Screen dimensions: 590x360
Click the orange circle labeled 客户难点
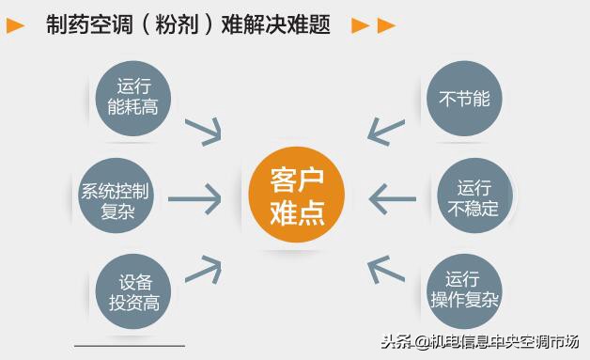coord(296,196)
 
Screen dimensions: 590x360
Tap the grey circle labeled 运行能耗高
coord(132,96)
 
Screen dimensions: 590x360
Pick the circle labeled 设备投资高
coord(132,292)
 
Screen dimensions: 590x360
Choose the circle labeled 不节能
coord(464,98)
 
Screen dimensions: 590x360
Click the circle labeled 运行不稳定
coord(474,197)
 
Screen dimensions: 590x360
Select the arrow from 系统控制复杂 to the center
coord(194,198)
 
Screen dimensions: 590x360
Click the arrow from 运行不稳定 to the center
coord(392,198)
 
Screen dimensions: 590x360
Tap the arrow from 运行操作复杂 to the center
coord(385,271)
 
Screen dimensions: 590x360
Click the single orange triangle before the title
coord(16,26)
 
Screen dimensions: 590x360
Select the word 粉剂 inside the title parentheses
coord(179,25)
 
